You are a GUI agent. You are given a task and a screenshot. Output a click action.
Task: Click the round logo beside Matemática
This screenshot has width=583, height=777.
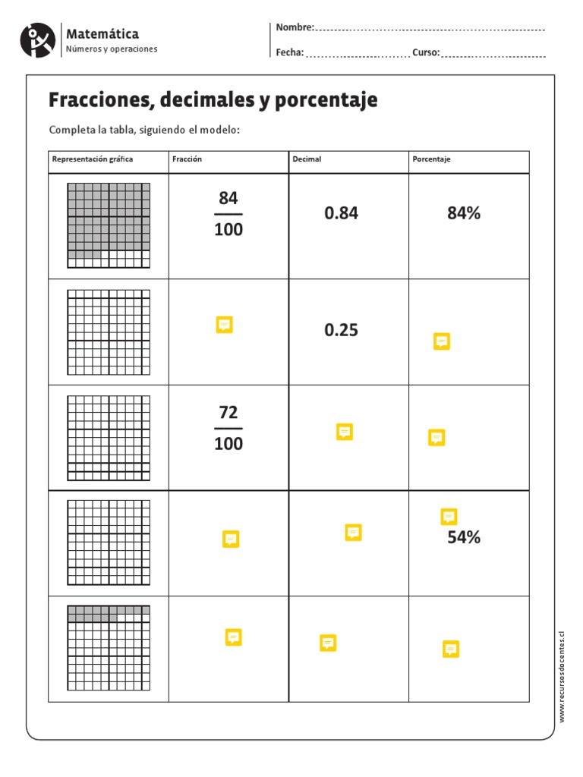click(x=38, y=40)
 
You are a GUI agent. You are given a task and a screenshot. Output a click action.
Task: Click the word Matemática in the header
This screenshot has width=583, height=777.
click(x=102, y=34)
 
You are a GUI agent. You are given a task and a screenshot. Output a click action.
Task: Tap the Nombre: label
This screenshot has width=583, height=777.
click(x=295, y=27)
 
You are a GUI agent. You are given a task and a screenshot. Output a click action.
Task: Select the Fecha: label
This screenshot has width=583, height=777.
click(x=290, y=52)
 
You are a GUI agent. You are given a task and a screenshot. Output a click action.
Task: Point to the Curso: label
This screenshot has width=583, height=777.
click(x=426, y=52)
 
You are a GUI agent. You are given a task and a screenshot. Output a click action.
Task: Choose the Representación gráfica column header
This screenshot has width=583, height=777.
click(x=93, y=159)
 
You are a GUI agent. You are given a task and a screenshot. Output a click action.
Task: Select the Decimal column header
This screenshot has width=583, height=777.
click(x=307, y=159)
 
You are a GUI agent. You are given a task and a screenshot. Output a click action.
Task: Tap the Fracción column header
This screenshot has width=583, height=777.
click(x=188, y=159)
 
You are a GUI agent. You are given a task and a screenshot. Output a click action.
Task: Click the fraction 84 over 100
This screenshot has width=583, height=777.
click(x=228, y=214)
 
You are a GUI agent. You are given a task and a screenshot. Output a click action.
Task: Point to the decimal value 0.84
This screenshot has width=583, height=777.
click(x=341, y=214)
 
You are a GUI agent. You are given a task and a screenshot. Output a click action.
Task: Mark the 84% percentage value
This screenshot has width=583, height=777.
click(x=464, y=214)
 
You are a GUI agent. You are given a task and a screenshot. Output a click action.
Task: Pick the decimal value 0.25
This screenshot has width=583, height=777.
click(x=341, y=331)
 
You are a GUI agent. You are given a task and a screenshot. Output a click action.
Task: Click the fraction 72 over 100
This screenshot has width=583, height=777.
click(x=228, y=428)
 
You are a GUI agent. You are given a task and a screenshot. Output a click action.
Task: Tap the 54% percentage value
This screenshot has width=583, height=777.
click(x=464, y=538)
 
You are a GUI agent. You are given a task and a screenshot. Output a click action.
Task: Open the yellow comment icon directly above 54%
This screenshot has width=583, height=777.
click(x=449, y=517)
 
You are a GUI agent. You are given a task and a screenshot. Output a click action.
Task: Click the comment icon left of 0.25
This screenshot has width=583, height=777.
click(x=224, y=325)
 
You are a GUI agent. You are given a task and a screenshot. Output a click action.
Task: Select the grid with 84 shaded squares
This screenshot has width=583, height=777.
click(x=109, y=225)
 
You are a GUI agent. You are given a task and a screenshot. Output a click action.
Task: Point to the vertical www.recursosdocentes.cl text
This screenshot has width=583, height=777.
click(x=563, y=675)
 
